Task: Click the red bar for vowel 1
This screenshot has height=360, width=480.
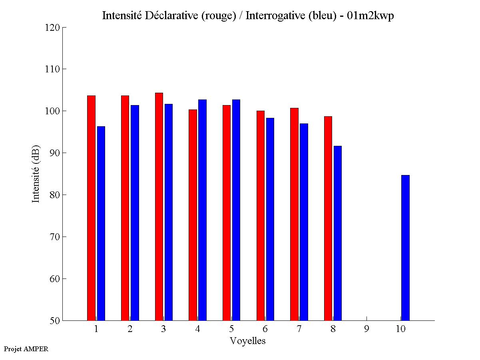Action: click(x=91, y=208)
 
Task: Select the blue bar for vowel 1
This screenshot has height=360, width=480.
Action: click(x=101, y=223)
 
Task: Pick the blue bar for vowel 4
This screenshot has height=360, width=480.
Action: click(x=202, y=210)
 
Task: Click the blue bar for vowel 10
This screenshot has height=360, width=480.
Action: click(x=405, y=248)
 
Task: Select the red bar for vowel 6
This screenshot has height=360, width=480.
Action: click(x=261, y=215)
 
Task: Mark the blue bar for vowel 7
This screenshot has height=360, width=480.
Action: click(x=304, y=222)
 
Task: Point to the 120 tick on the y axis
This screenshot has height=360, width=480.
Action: click(x=64, y=27)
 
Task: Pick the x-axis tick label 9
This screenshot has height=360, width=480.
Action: click(x=366, y=329)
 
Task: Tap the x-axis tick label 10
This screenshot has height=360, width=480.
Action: click(x=400, y=329)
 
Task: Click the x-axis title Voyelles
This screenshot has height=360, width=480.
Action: click(x=248, y=341)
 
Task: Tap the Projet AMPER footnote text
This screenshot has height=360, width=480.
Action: click(x=26, y=349)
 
